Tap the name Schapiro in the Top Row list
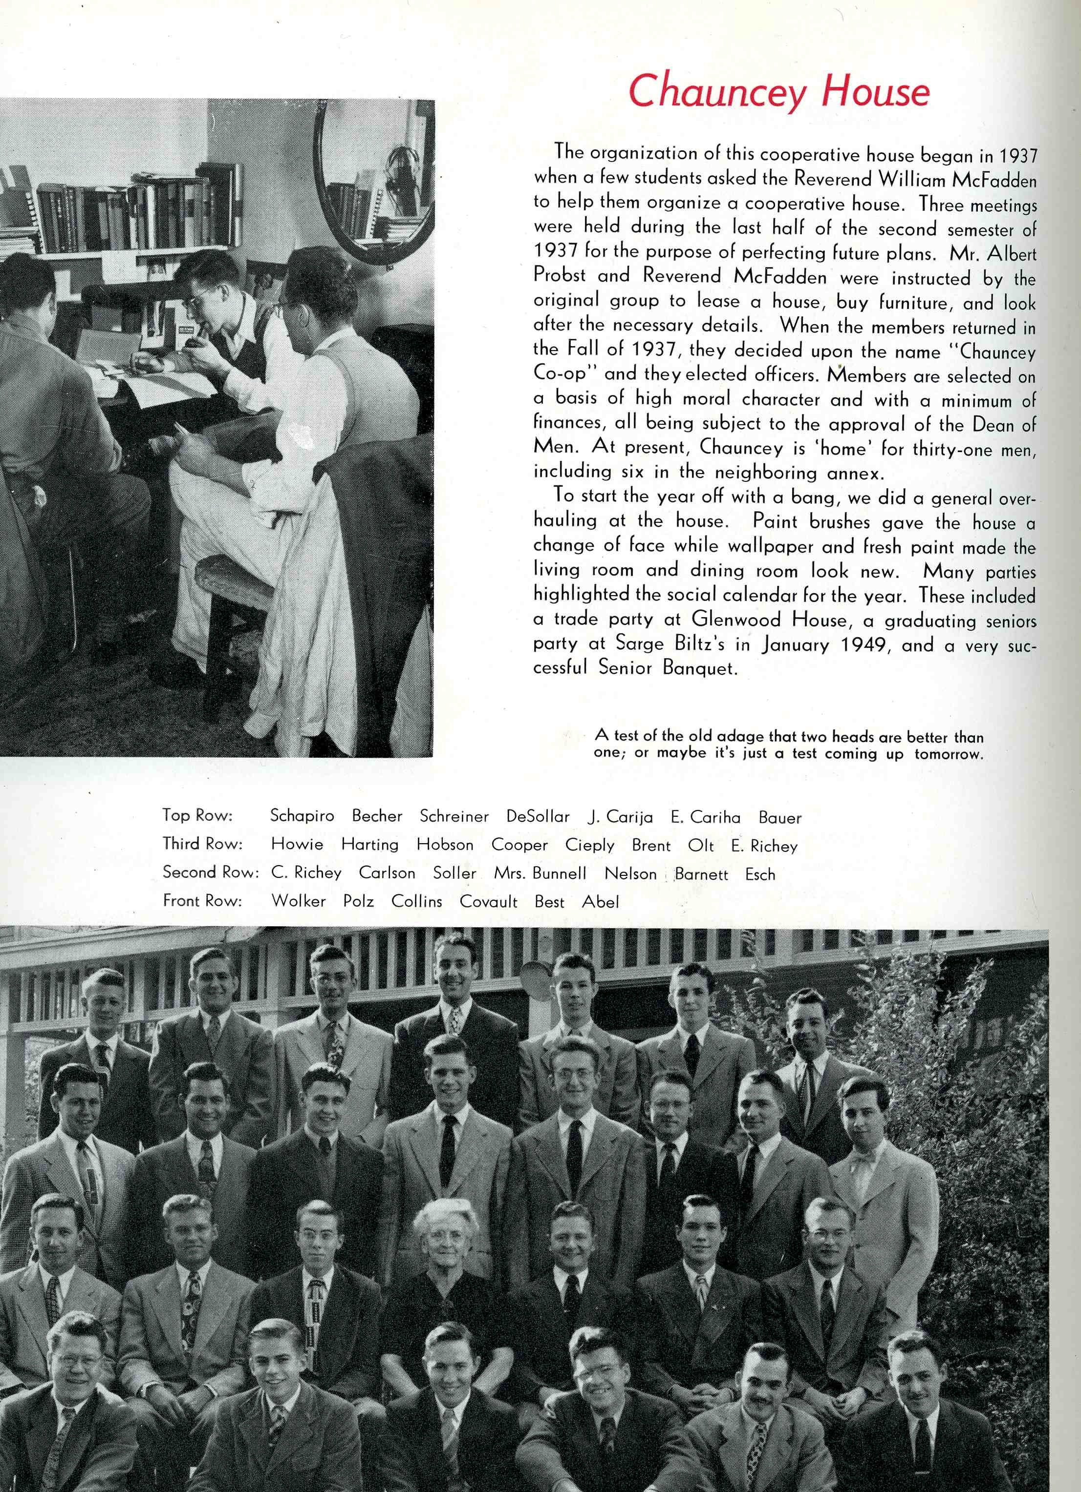(302, 816)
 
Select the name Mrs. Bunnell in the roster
(540, 873)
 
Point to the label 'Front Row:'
(202, 901)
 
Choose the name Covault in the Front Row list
(489, 902)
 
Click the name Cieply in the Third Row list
(589, 845)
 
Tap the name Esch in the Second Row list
(760, 874)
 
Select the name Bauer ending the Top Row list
(779, 818)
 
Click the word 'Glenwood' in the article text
(736, 620)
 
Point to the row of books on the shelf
(131, 210)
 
